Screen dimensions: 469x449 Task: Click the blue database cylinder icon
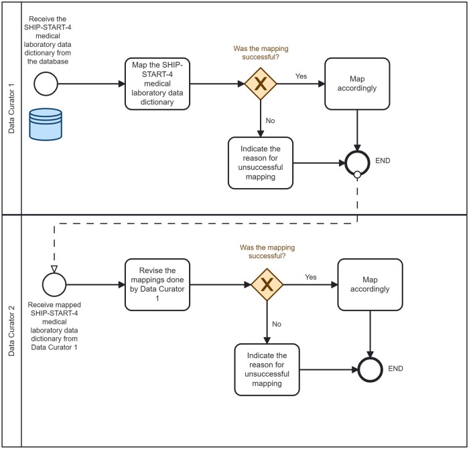point(46,124)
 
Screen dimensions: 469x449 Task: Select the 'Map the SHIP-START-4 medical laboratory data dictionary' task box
point(157,84)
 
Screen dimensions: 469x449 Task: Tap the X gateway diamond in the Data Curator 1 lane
point(261,84)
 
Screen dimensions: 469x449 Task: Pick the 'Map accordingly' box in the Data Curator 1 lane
point(357,84)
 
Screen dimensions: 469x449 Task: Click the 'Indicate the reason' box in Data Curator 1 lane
point(261,163)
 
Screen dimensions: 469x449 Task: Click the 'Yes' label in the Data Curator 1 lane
point(301,76)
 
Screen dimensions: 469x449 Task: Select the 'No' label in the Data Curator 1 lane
point(270,120)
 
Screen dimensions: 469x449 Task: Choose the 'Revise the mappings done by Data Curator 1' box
point(157,284)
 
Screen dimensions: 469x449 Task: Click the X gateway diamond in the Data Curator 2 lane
point(267,284)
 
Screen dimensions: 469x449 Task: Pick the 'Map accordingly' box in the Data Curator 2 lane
point(371,284)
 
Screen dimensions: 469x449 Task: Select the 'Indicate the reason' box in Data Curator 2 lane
point(267,369)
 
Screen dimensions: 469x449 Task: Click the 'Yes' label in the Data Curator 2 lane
point(311,277)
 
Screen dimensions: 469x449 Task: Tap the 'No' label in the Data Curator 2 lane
point(277,324)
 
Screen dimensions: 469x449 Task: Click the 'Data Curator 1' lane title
point(11,108)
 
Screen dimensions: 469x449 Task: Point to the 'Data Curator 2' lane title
point(11,331)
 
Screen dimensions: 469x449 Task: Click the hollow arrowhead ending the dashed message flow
point(54,269)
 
